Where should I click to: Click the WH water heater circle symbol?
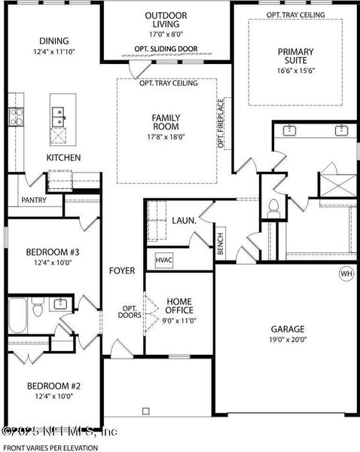pos(346,273)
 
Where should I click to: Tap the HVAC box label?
pos(164,260)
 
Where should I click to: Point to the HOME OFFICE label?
pos(179,305)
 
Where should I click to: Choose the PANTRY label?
pos(33,200)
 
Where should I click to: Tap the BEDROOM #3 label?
pos(53,252)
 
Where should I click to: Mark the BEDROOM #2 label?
pos(53,386)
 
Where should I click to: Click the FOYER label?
pos(121,270)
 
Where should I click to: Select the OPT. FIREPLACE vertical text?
pos(221,123)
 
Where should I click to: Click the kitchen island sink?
pos(57,118)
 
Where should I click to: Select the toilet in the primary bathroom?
pos(274,206)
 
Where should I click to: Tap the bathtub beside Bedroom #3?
pos(19,309)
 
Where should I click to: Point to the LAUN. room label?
pos(184,221)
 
